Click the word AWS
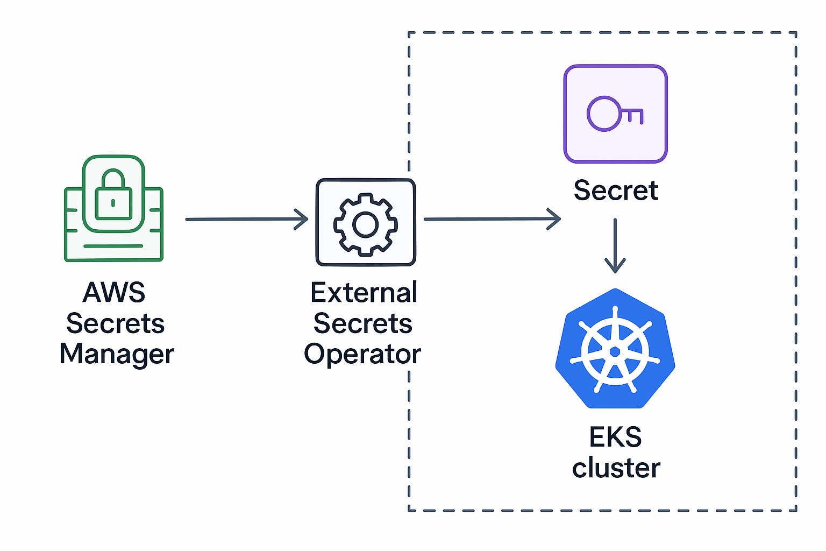coord(114,293)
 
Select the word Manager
coord(117,355)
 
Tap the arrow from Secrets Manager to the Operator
coord(246,219)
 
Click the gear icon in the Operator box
coord(366,224)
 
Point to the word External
coord(364,293)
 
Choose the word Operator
coord(362,355)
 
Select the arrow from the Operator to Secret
coord(492,219)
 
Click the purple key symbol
coord(615,114)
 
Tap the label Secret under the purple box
coord(616,190)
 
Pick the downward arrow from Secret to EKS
coord(615,245)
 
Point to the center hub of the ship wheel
coord(615,352)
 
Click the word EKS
coord(616,437)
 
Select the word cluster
coord(616,468)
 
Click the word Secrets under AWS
coord(115,323)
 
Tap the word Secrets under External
coord(363,323)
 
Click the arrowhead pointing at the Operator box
coord(303,219)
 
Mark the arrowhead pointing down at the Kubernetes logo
coord(615,267)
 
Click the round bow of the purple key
coord(604,114)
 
